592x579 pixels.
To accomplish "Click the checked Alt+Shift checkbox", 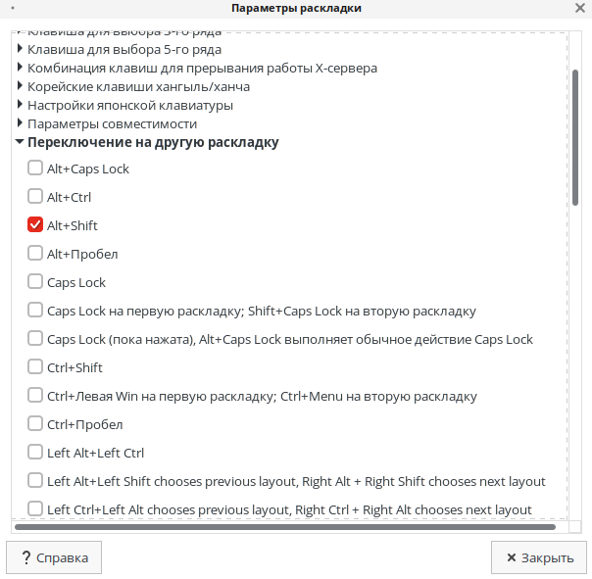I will coord(35,225).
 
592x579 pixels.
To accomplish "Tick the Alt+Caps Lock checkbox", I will coord(35,169).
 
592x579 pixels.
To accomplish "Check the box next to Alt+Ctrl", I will coord(35,197).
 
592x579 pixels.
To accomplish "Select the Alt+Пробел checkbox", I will coord(35,254).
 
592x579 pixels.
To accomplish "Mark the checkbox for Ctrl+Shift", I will coord(35,367).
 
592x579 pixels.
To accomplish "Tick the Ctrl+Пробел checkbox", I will coord(35,424).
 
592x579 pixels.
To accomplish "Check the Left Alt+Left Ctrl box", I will coord(35,453).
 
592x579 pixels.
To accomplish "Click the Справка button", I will coord(54,557).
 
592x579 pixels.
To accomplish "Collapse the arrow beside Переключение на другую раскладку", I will coord(20,142).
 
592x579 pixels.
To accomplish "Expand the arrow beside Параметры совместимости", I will coord(20,123).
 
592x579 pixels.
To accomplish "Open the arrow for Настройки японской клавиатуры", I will coord(20,105).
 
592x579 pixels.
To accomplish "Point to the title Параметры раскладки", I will coord(296,9).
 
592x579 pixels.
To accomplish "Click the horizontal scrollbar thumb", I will coord(284,527).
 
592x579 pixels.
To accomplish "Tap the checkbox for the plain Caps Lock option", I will coord(35,282).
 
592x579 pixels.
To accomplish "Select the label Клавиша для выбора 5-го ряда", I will coord(124,49).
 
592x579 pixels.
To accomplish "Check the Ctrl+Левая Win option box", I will coord(35,396).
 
